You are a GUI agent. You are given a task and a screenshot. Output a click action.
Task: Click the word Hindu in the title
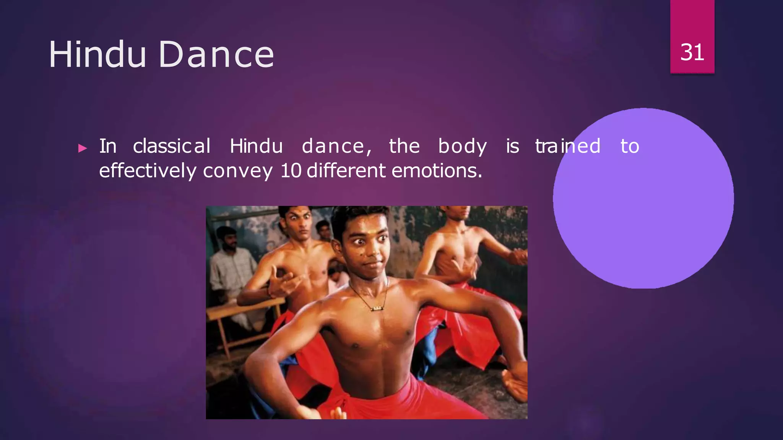click(x=97, y=55)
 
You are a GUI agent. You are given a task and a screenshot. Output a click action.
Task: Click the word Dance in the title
click(x=216, y=55)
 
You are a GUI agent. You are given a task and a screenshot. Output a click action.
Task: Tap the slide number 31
click(x=692, y=52)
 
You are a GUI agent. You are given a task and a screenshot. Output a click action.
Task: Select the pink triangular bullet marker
click(x=82, y=148)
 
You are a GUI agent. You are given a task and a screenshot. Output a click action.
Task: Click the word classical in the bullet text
click(x=172, y=146)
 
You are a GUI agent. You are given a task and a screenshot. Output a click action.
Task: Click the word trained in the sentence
click(x=568, y=146)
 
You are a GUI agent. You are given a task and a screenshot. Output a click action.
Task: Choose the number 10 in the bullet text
click(x=291, y=171)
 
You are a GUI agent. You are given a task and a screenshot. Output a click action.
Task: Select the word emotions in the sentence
click(x=437, y=171)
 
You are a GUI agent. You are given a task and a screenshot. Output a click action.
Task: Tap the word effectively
click(x=148, y=171)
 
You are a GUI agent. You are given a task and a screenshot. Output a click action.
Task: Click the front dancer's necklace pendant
click(x=377, y=308)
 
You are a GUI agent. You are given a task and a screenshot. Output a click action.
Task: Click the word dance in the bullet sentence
click(x=336, y=146)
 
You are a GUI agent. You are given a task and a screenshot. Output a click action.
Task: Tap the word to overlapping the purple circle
click(x=630, y=146)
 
